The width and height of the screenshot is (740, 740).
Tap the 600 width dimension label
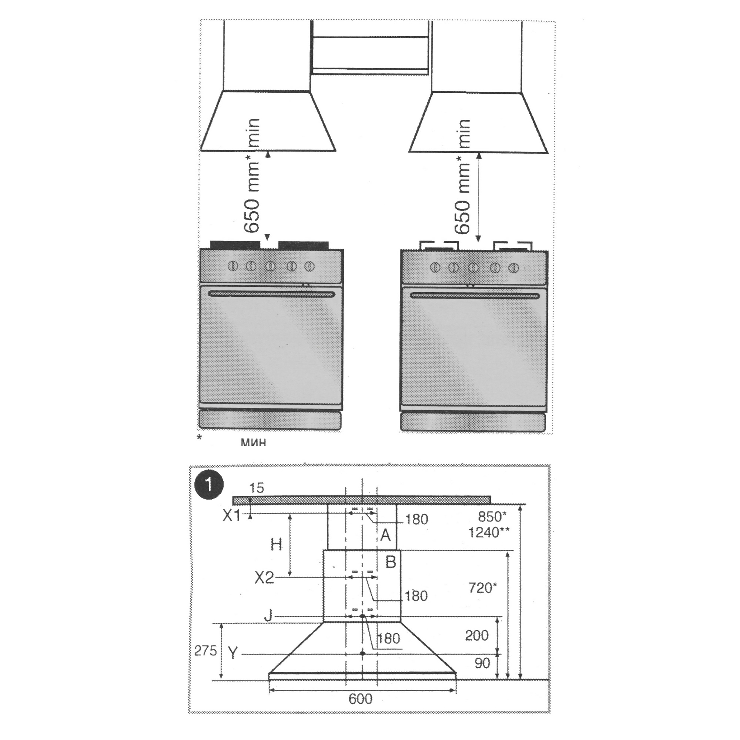pos(360,699)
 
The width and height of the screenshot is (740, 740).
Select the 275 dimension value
pos(205,651)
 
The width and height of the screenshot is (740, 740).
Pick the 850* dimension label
pos(492,517)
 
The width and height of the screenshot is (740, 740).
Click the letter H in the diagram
pos(276,544)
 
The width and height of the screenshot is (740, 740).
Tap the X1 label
pos(232,516)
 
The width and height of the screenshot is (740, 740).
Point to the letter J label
pos(268,616)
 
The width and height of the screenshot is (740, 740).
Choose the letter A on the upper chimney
pos(385,535)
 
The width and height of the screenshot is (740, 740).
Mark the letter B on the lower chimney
pos(390,562)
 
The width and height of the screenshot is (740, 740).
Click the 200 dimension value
pos(477,635)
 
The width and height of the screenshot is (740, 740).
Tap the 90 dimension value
pos(482,663)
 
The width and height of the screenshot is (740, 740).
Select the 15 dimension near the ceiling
pos(257,488)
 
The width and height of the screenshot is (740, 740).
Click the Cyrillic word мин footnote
pos(253,443)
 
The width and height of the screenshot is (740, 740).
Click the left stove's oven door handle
pos(271,294)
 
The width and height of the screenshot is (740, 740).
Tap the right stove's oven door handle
pos(473,295)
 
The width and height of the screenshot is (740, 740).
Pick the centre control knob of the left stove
pos(271,266)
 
